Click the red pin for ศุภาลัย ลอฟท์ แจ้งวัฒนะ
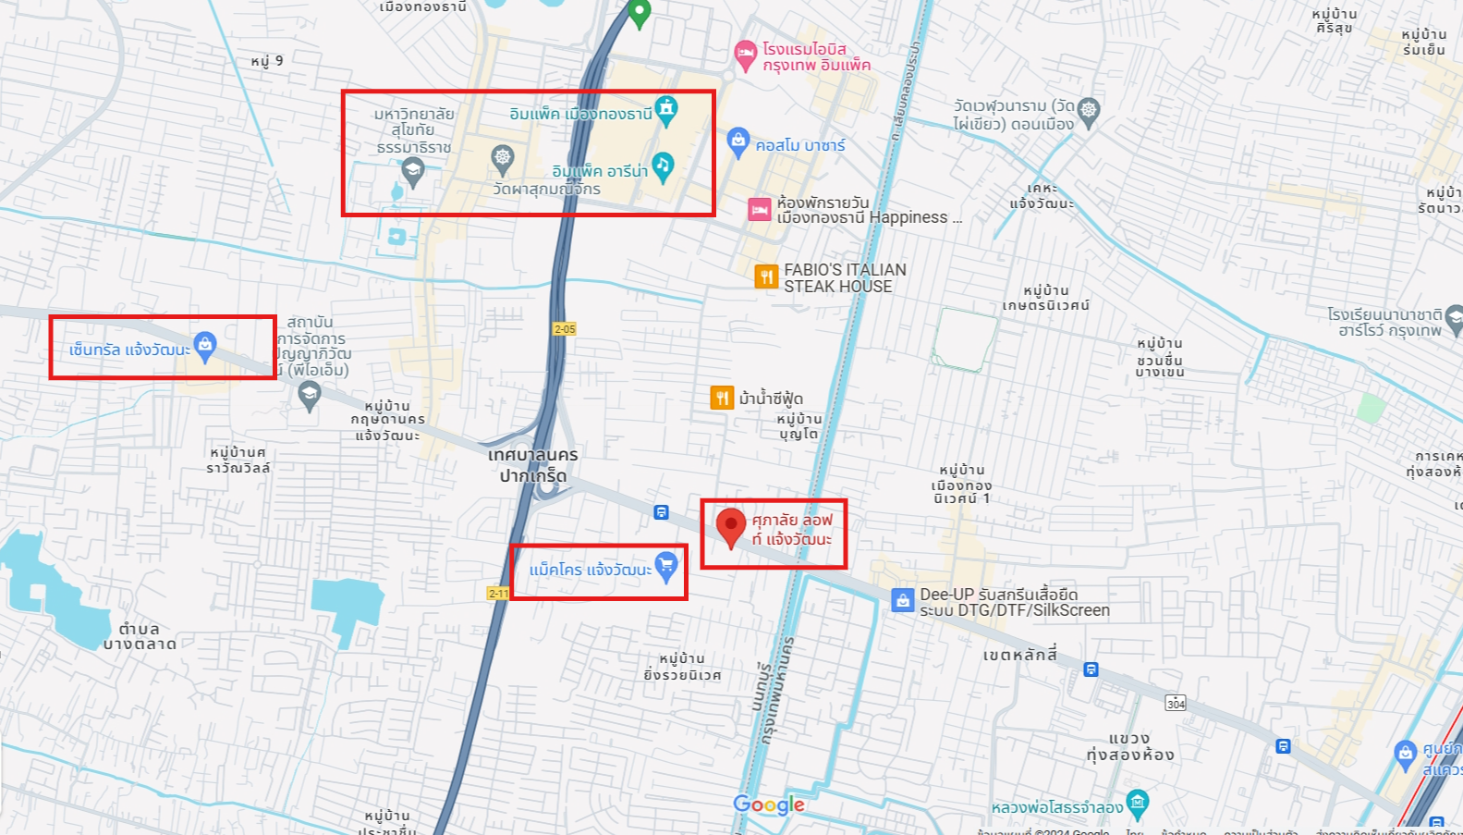point(731,525)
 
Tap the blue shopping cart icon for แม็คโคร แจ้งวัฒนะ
point(665,565)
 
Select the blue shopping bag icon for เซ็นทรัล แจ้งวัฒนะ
point(205,346)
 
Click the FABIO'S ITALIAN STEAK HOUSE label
point(845,277)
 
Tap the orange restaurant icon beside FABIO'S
point(766,276)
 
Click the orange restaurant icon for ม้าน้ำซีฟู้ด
point(722,398)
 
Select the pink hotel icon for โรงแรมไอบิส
point(745,54)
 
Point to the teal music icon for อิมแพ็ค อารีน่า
point(663,166)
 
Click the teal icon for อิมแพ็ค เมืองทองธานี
point(665,109)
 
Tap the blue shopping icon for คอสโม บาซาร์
point(738,141)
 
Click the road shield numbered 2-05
point(565,329)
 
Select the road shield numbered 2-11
point(498,593)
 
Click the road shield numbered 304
point(1176,703)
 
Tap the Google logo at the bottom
point(769,804)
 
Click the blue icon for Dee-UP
point(903,600)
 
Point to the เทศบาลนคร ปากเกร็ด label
point(533,465)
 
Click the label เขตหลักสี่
point(1019,655)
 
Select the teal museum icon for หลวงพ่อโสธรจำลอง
point(1138,802)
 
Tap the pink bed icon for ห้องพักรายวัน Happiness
point(759,210)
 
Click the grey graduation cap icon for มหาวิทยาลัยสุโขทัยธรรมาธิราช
point(413,169)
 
